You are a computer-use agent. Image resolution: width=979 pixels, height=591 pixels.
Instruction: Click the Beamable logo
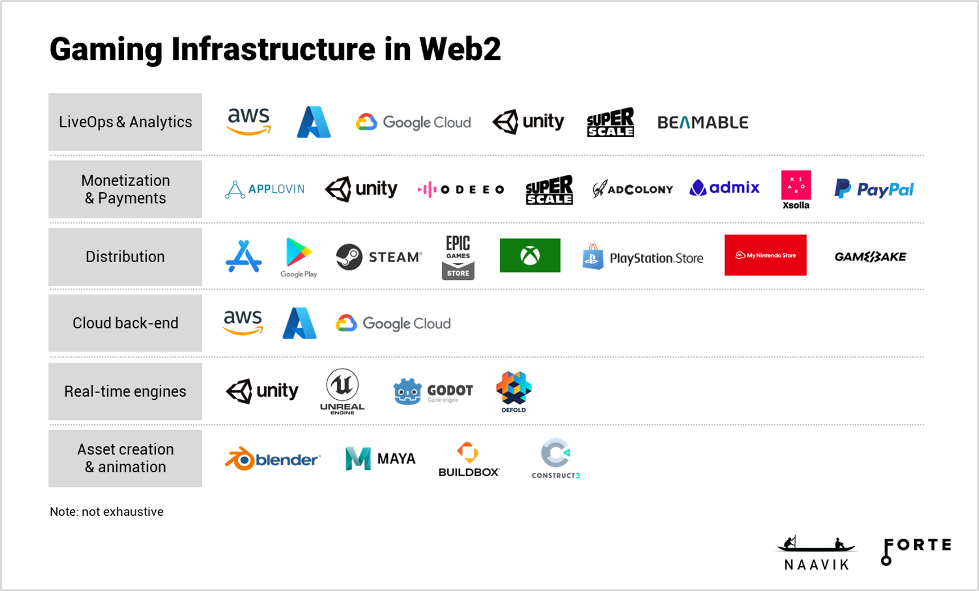click(x=702, y=122)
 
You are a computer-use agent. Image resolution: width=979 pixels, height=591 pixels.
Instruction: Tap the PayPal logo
click(x=874, y=189)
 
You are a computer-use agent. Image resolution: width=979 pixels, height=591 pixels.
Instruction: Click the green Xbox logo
click(x=530, y=255)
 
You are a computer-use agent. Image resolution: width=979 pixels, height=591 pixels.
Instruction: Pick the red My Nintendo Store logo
click(x=765, y=255)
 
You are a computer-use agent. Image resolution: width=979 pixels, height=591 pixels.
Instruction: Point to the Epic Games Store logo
click(x=458, y=257)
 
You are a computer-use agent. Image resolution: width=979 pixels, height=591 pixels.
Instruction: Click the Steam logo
click(x=379, y=257)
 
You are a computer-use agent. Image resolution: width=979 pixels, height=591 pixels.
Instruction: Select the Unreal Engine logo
click(x=342, y=391)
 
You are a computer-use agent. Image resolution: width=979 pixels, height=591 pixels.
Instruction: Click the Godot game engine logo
click(x=433, y=391)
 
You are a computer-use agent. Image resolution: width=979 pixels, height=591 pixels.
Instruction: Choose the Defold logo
click(x=513, y=390)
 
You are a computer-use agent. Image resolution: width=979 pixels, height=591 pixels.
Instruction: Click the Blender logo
click(x=273, y=458)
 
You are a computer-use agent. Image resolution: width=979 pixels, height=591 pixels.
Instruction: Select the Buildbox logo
click(x=468, y=458)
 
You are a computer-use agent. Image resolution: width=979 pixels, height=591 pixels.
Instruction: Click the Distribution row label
click(x=125, y=257)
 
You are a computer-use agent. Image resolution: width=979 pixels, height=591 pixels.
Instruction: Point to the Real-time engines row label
click(x=125, y=391)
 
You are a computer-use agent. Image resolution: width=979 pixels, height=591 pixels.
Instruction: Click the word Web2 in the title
click(x=460, y=49)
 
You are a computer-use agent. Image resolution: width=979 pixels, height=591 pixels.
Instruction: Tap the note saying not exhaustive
click(x=106, y=512)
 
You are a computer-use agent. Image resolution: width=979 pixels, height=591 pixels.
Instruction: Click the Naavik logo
click(x=816, y=553)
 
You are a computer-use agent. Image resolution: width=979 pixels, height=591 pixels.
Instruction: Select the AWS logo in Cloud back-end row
click(x=243, y=322)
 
